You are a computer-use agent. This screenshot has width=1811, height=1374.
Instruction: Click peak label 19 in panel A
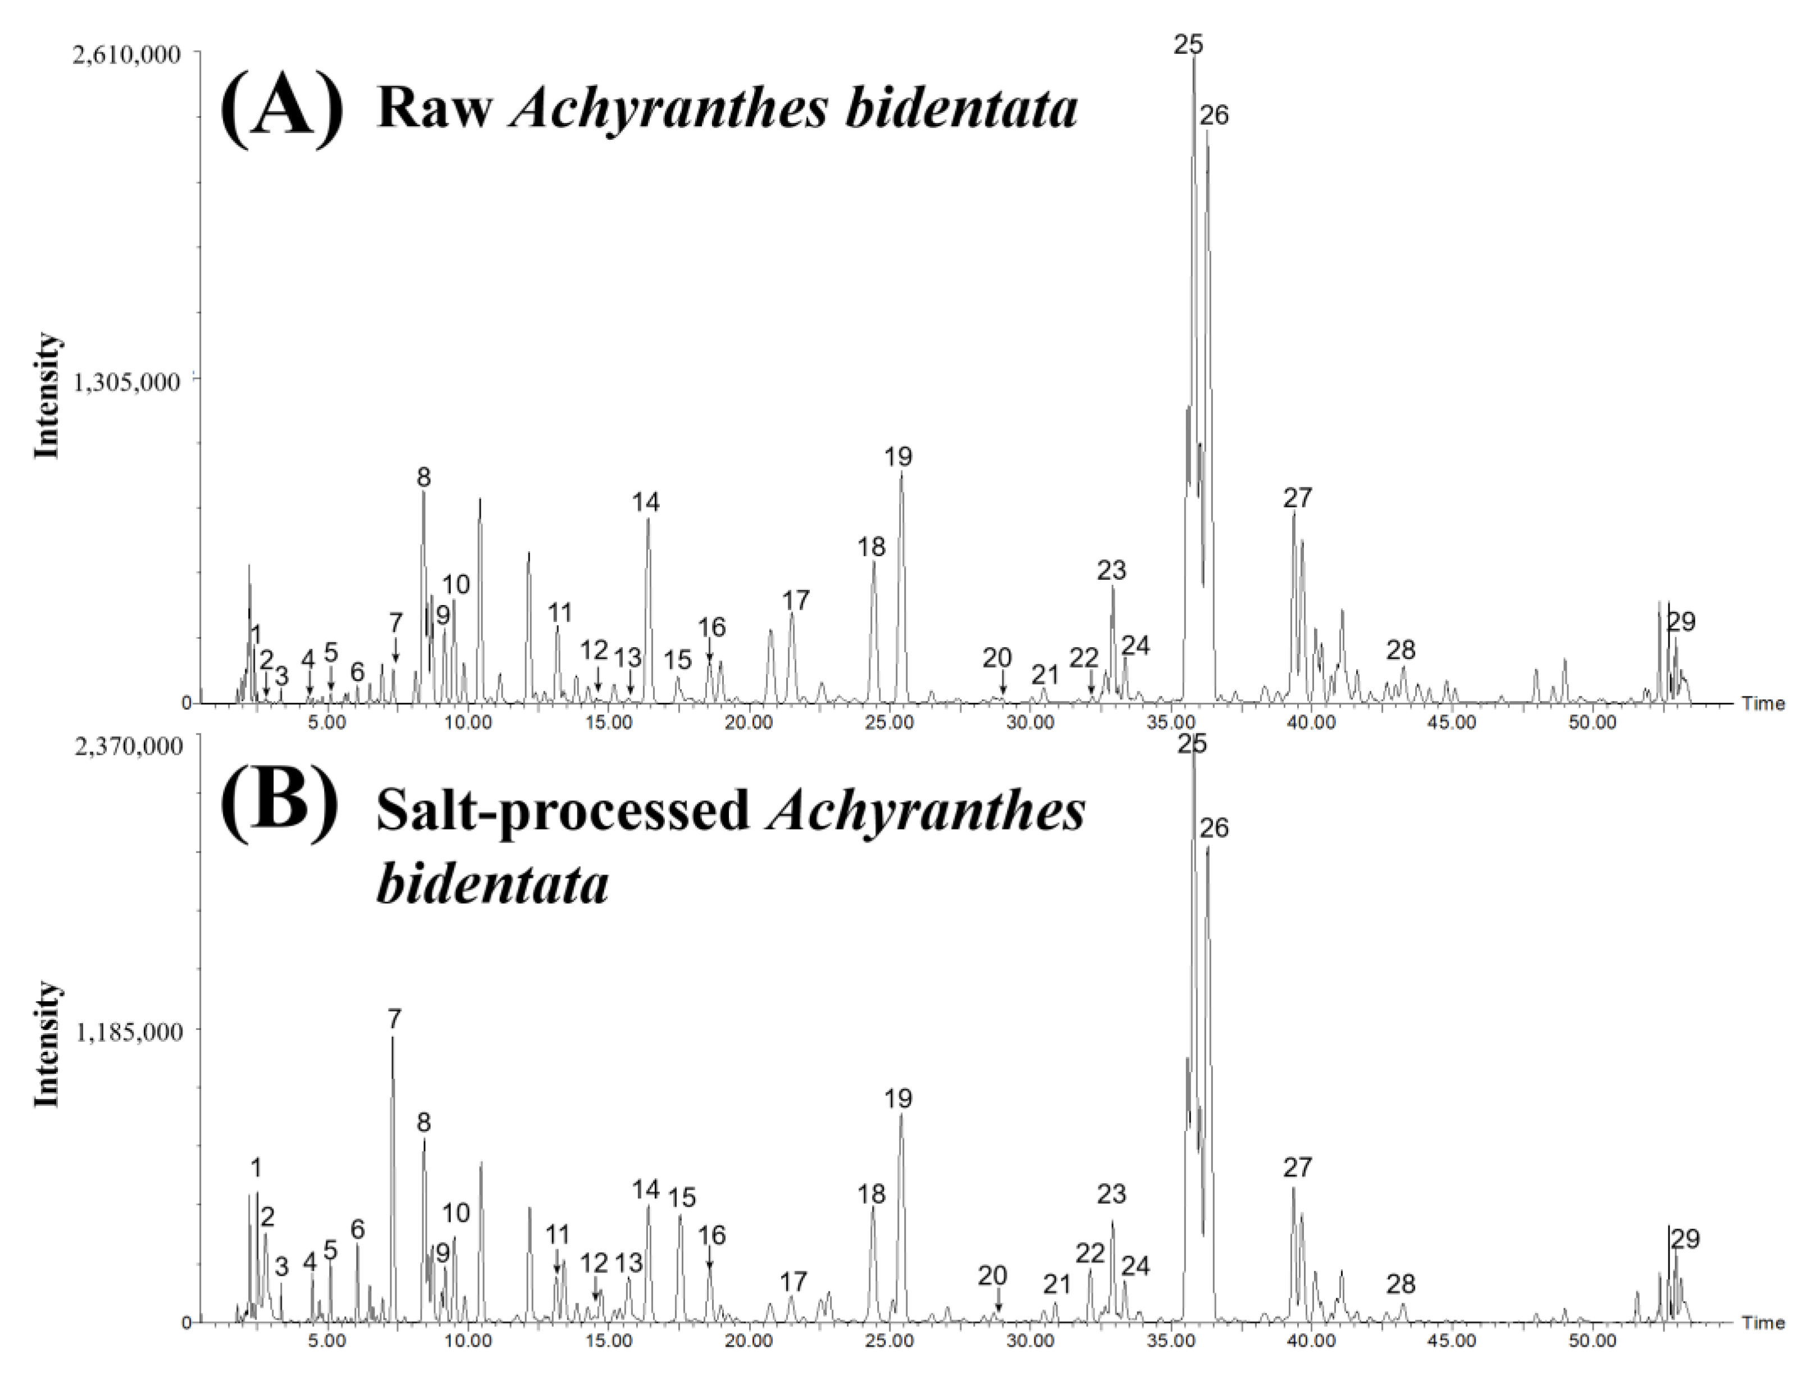[x=898, y=457]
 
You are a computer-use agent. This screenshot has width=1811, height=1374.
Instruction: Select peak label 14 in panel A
[x=645, y=502]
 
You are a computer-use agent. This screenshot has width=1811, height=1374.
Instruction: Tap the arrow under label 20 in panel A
[x=1003, y=686]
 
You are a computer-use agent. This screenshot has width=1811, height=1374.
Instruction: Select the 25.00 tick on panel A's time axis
[x=890, y=723]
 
